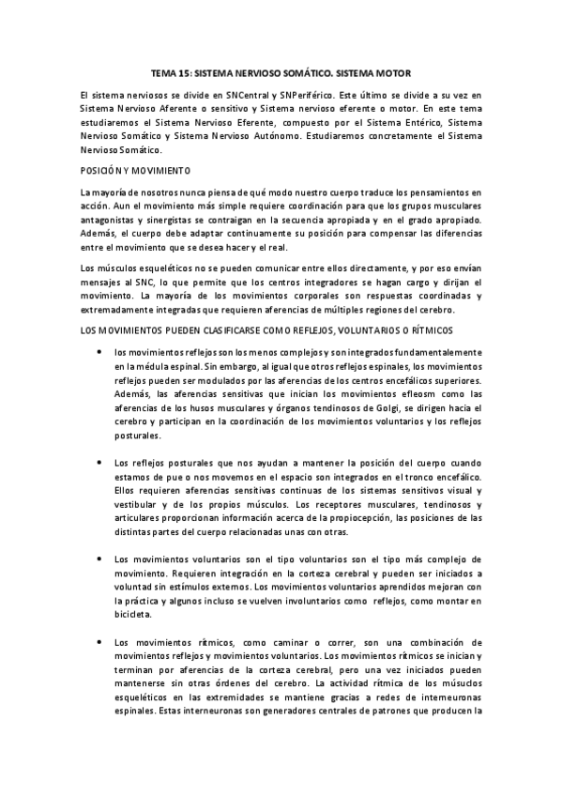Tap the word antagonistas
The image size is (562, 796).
111,219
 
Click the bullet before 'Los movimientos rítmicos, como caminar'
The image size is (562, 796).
99,641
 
